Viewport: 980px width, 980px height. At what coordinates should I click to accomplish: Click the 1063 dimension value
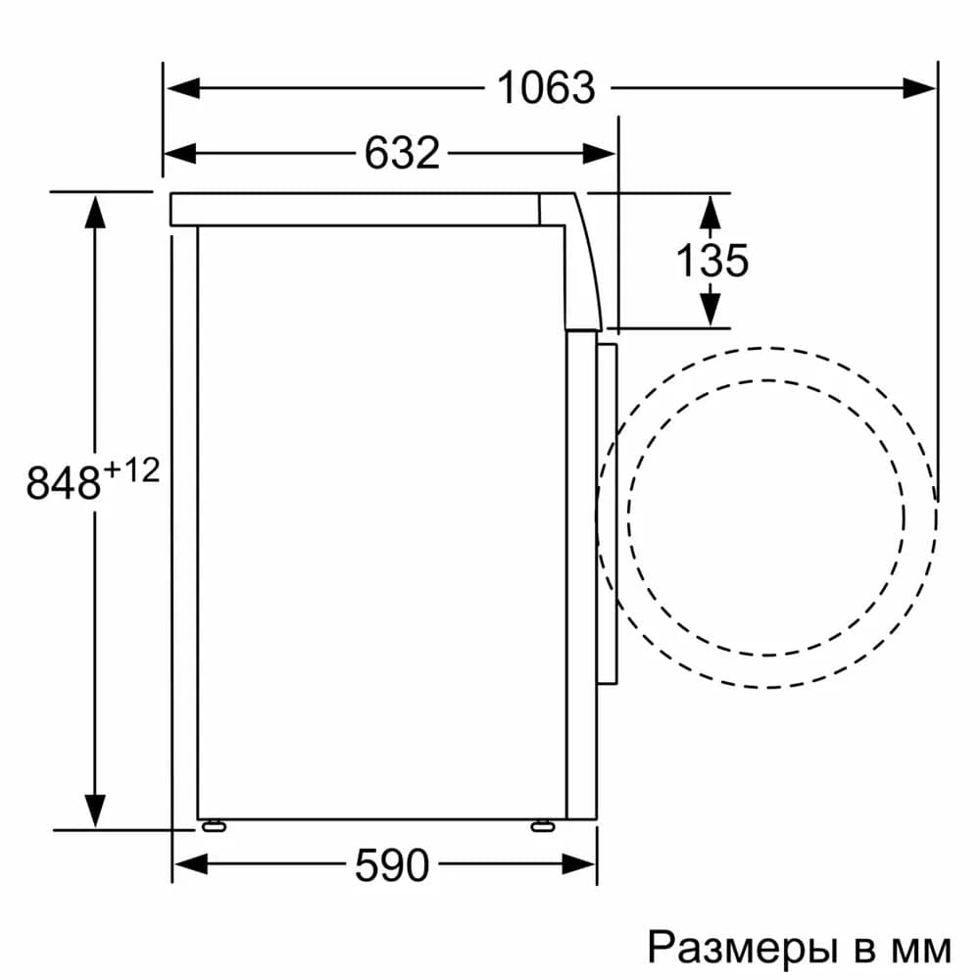(546, 88)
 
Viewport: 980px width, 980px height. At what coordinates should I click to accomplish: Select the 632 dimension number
(402, 153)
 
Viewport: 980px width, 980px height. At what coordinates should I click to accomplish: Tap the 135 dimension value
(712, 260)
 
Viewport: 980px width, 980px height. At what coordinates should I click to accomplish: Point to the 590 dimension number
(391, 864)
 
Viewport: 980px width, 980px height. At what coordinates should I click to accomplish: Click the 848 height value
(64, 484)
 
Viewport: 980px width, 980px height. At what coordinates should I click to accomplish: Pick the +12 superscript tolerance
(130, 471)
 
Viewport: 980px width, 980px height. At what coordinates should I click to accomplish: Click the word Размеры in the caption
(737, 948)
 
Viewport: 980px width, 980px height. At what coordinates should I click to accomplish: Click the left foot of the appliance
(213, 826)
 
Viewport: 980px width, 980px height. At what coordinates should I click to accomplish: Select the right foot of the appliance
(541, 826)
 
